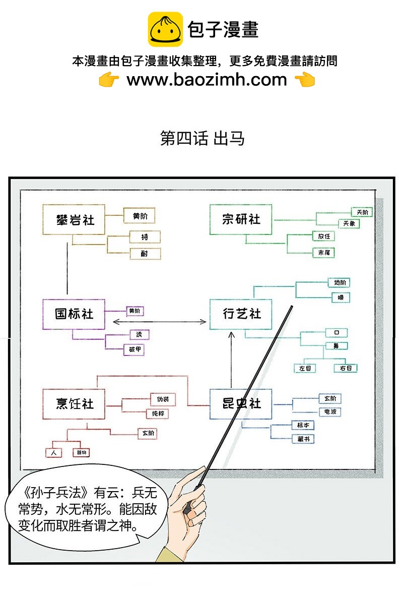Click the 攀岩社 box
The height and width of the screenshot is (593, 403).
(74, 219)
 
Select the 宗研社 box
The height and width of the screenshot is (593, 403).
(241, 219)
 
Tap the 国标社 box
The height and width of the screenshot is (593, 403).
(74, 314)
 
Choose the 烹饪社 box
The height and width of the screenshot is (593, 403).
(74, 404)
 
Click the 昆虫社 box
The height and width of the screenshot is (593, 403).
(241, 404)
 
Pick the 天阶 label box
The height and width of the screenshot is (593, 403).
(362, 212)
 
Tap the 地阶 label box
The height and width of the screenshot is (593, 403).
(338, 283)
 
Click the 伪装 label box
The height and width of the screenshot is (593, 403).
(163, 399)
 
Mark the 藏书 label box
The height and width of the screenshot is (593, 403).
(303, 439)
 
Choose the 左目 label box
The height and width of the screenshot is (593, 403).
(305, 368)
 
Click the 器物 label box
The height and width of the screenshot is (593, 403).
(81, 452)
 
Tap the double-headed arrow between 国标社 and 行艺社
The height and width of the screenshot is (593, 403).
(159, 322)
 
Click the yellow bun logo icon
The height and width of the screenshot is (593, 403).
(165, 30)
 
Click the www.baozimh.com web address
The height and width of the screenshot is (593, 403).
(207, 80)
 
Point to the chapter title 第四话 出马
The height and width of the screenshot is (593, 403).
(202, 138)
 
